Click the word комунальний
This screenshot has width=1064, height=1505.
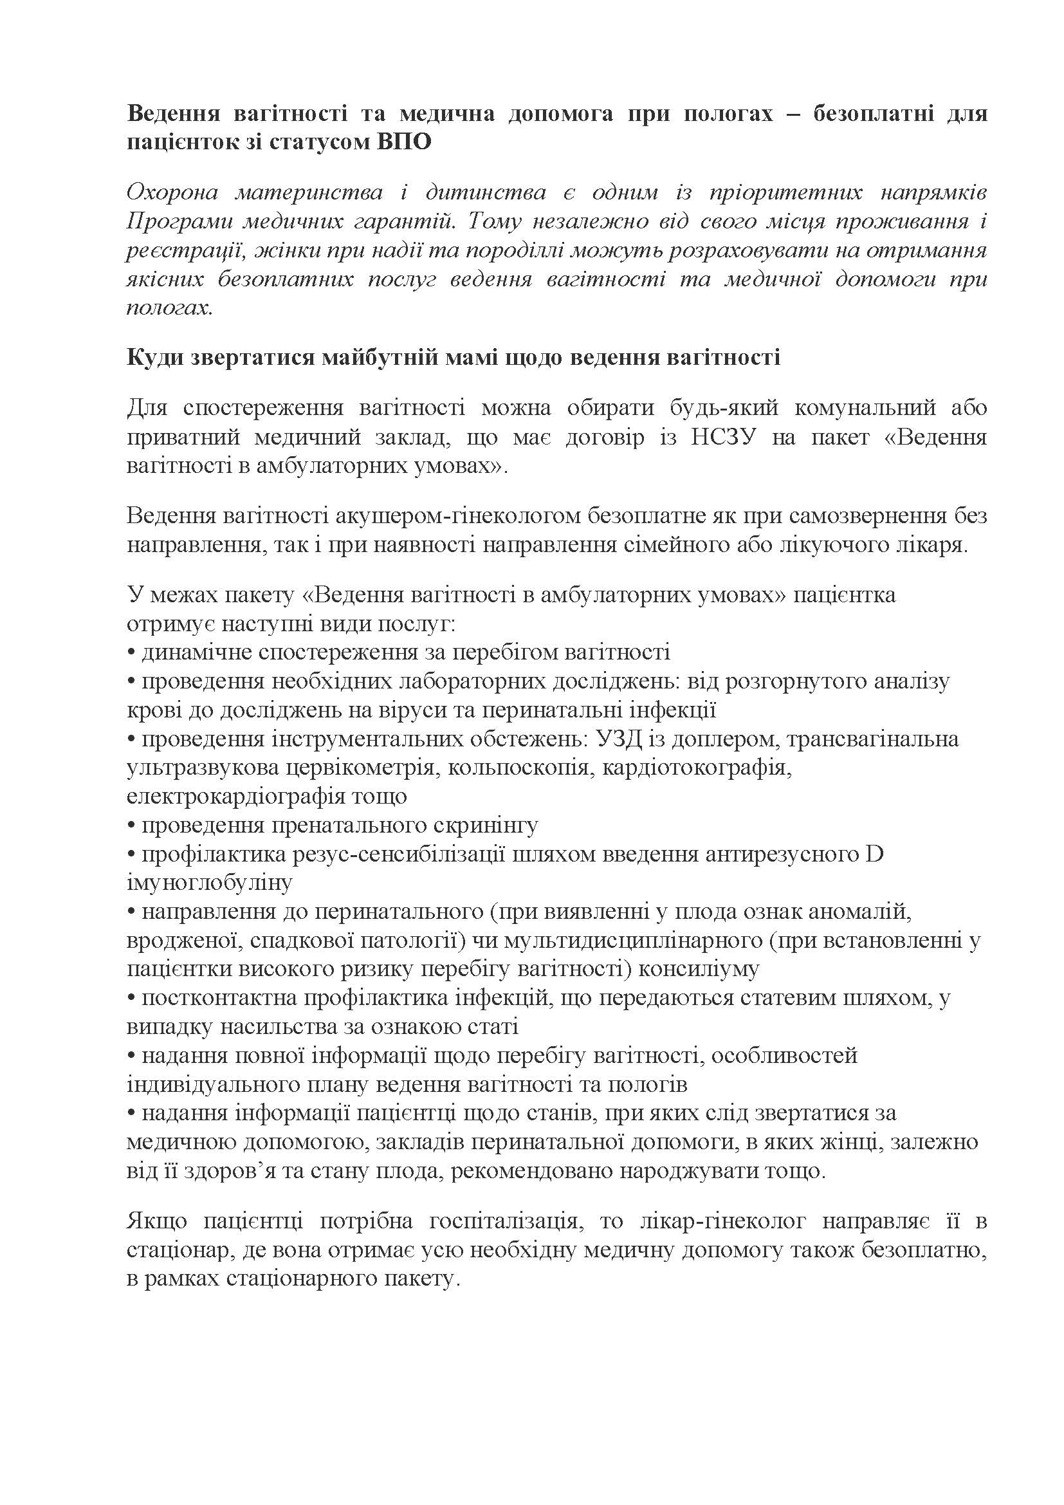[861, 408]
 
